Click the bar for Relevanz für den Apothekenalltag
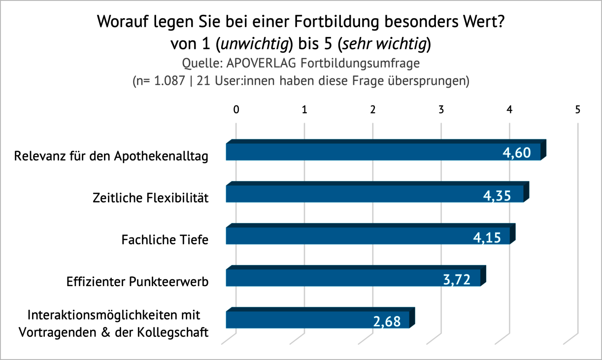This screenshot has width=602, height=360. (x=365, y=152)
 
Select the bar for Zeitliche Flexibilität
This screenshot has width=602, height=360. (x=355, y=195)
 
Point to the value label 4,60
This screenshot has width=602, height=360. (x=516, y=153)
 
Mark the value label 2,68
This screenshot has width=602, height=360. (x=387, y=322)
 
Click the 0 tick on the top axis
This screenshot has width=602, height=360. (x=236, y=110)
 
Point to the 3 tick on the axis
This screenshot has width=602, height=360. (x=441, y=110)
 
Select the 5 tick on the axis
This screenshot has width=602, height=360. (x=577, y=110)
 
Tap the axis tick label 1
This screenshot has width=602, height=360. (x=304, y=110)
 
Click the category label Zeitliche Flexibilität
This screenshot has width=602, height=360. (x=151, y=198)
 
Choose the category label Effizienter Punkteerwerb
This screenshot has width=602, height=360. (x=137, y=282)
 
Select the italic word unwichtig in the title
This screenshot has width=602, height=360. (x=255, y=44)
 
